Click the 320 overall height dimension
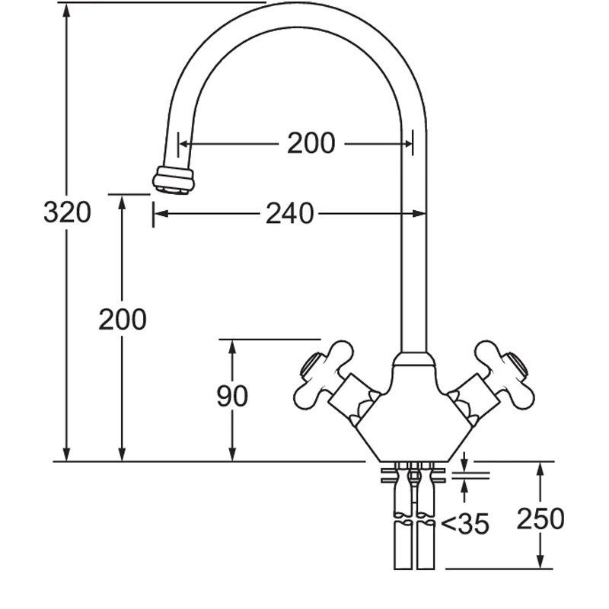(67, 213)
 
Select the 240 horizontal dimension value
(289, 215)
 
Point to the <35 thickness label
(464, 524)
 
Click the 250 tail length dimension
(540, 519)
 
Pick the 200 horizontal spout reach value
(311, 143)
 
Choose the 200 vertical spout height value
(122, 320)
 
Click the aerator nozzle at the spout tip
(173, 180)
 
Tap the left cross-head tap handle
(324, 373)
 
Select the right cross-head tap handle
(505, 373)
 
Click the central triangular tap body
(413, 419)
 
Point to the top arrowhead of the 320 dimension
(67, 11)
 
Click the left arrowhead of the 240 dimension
(161, 215)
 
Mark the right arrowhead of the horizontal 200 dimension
(407, 143)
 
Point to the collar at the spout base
(413, 362)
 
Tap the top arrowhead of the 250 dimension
(540, 468)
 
